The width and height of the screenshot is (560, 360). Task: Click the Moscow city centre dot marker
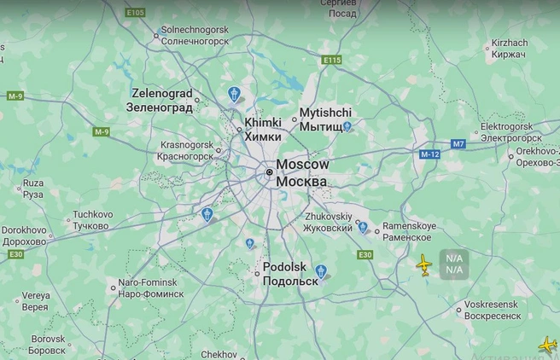point(269,172)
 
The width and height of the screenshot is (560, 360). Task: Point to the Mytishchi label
point(325,119)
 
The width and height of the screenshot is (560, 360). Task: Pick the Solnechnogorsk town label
point(195,35)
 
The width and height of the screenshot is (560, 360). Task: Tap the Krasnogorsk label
point(187,151)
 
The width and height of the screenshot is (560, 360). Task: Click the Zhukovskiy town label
point(329,222)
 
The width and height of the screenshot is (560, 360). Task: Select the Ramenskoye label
point(409,231)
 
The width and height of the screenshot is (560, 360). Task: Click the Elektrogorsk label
point(513,131)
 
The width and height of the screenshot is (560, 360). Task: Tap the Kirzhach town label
point(510,48)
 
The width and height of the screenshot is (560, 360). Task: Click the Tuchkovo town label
point(92,220)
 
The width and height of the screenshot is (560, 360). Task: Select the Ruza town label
point(32,189)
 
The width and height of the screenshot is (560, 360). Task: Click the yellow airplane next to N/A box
point(424,265)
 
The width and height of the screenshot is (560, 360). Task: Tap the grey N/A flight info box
point(453,264)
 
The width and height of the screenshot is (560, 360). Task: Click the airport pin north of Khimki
point(235,94)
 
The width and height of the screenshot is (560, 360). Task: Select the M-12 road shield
point(429,155)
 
